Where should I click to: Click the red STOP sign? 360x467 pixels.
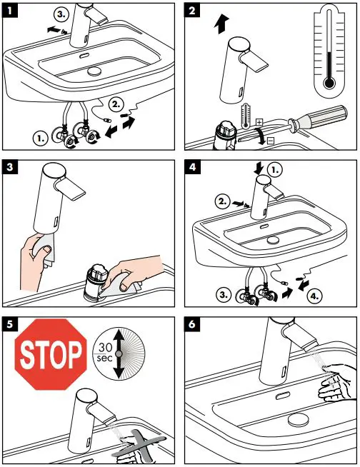tap(51, 354)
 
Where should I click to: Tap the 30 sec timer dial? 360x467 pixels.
tap(119, 354)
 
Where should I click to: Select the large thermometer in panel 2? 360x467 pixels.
tap(329, 51)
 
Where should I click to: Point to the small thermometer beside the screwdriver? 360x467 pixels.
tap(246, 116)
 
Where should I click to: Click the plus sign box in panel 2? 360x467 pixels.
tap(259, 122)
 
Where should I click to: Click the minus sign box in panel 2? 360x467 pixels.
tap(270, 141)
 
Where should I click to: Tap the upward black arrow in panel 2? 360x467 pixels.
tap(221, 24)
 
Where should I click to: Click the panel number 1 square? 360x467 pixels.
tap(10, 11)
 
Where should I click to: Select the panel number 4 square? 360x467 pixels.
tap(192, 167)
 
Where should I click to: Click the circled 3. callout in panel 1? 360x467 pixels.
tap(61, 14)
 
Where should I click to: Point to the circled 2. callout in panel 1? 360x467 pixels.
tap(115, 104)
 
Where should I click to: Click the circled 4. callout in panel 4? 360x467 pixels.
tap(315, 296)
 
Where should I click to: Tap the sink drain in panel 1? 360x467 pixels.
tap(94, 71)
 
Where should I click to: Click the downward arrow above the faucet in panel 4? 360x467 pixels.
tap(259, 168)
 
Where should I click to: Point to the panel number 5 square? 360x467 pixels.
tap(10, 324)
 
